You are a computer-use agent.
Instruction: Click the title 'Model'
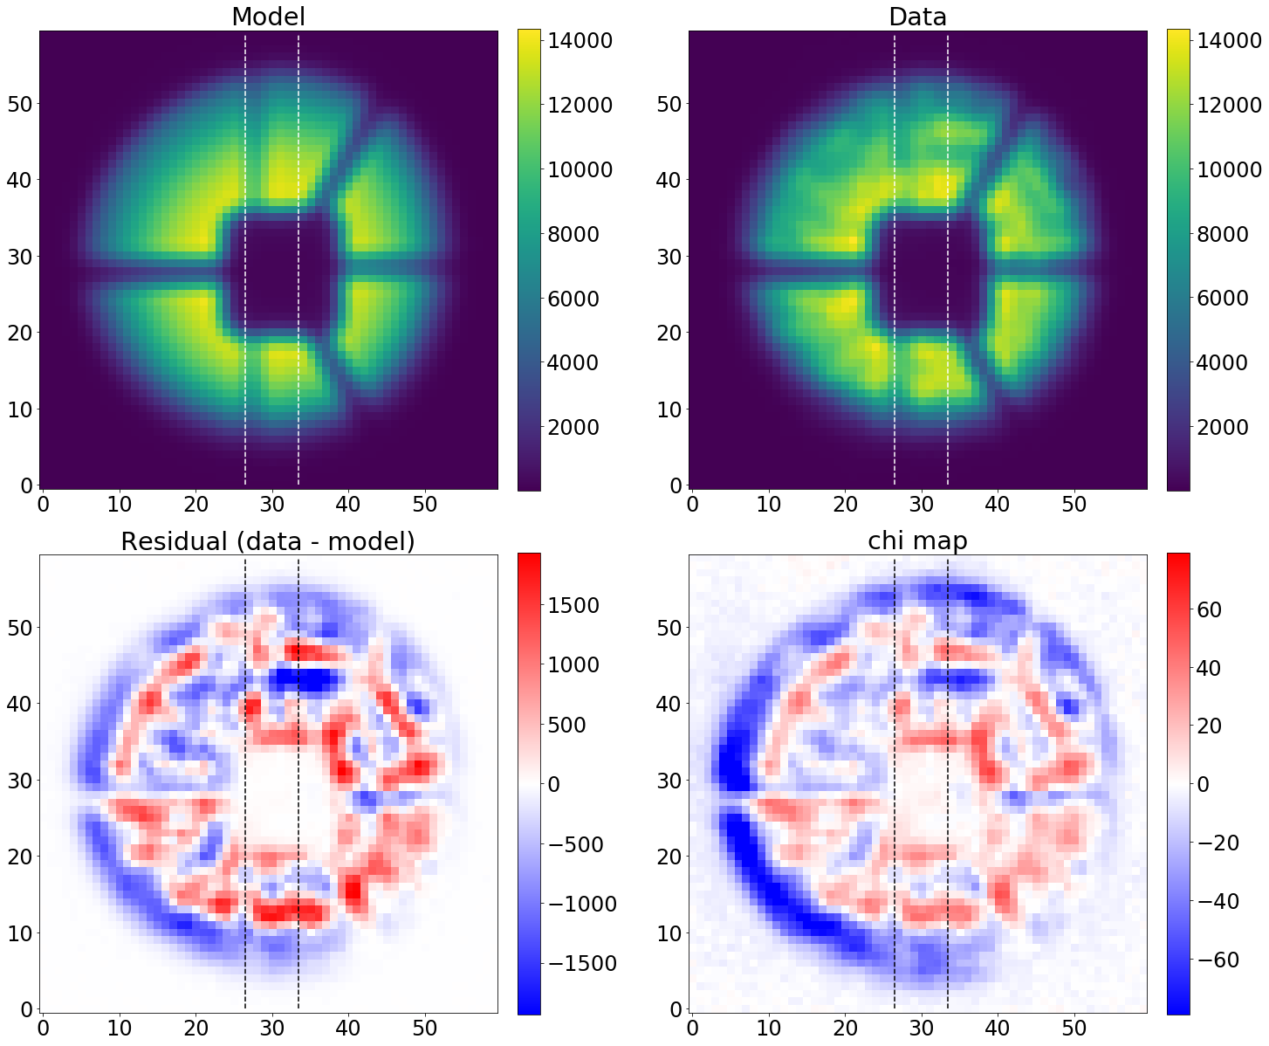tap(268, 17)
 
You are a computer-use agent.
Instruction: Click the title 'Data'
tap(917, 17)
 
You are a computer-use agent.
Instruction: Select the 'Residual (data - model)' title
tap(268, 541)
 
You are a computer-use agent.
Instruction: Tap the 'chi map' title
tap(917, 541)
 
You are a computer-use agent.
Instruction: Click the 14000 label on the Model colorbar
tap(580, 40)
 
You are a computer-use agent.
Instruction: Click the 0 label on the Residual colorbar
tap(552, 784)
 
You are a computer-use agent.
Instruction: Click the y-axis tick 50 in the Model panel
tap(20, 104)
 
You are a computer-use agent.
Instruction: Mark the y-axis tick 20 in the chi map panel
tap(669, 857)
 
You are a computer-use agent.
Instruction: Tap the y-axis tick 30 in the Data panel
tap(669, 257)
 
